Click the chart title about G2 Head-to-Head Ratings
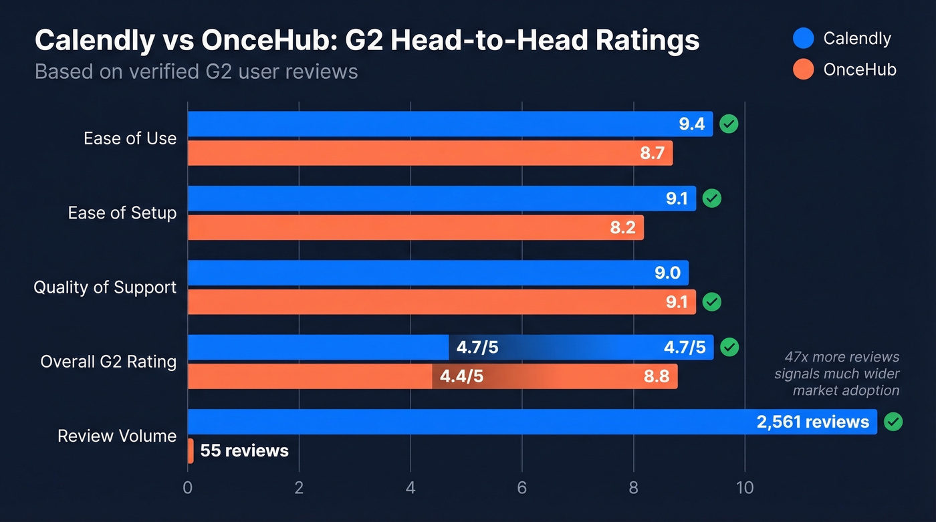[366, 41]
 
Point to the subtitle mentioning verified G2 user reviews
[196, 72]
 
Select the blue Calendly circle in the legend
[803, 38]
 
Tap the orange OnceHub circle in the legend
[803, 69]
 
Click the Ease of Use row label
[130, 138]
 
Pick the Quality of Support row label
[105, 287]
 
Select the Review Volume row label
[117, 436]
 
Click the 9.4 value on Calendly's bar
[692, 124]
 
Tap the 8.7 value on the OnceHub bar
[652, 153]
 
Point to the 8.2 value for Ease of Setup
[622, 228]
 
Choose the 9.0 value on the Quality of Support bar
[667, 273]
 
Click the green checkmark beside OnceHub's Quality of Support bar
[712, 302]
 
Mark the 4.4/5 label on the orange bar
[461, 377]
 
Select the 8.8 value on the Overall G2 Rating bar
[656, 377]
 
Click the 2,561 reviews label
[812, 422]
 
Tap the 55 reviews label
[244, 451]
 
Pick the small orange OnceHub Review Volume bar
[191, 451]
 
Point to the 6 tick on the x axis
[521, 488]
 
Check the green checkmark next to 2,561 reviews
[893, 422]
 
